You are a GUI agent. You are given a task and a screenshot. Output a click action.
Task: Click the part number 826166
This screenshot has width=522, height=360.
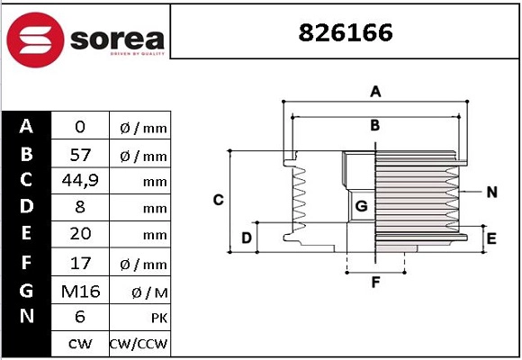point(346,32)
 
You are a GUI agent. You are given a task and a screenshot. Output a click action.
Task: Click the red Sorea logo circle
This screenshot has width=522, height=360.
point(33,37)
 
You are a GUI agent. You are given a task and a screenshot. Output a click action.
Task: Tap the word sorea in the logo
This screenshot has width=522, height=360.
point(114,39)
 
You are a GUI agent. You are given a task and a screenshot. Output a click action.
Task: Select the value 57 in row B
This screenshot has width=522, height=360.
point(80,155)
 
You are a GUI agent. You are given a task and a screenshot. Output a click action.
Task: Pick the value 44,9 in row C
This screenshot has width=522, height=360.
point(80,181)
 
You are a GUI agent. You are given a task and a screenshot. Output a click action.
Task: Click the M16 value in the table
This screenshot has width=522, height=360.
point(80,291)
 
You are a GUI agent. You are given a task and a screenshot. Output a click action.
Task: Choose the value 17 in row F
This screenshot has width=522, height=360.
point(80,264)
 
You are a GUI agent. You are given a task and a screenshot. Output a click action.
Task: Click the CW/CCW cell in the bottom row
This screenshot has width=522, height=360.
point(139,344)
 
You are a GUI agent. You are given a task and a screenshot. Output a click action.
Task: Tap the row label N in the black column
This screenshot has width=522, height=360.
point(27,317)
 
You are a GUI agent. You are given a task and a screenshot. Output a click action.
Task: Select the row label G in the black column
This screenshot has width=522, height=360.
point(27,290)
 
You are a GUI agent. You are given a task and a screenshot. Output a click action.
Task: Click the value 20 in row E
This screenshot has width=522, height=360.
point(80,236)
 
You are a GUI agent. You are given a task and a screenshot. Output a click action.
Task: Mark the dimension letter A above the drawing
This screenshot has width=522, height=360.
point(376,92)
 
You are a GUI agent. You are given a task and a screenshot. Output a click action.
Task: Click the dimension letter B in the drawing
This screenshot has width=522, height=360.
point(375,125)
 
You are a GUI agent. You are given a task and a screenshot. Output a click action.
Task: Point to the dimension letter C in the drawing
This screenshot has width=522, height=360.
point(218,200)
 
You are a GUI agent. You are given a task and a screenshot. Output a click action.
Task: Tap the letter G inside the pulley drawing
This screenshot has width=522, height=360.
point(361,206)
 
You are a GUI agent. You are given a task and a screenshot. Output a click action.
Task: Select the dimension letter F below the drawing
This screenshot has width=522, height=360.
point(376,283)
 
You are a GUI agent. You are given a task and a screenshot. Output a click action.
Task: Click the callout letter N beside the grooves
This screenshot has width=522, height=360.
point(491,192)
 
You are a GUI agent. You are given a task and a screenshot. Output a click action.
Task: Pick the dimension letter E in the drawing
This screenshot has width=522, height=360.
point(491,238)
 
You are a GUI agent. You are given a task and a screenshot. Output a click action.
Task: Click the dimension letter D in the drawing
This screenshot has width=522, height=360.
point(247,238)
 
